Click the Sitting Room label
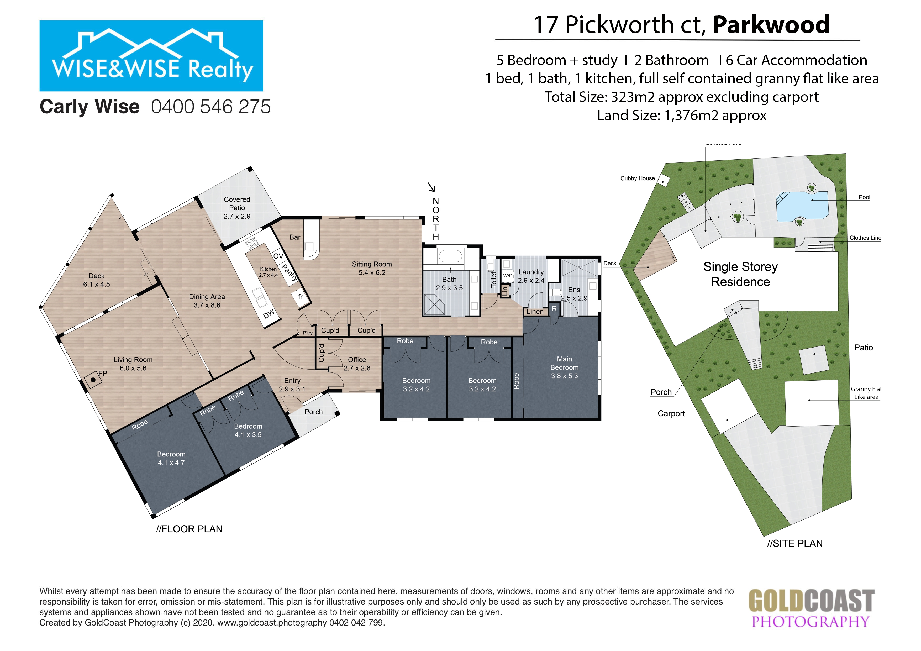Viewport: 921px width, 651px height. (372, 268)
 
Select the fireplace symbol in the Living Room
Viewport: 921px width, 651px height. (93, 380)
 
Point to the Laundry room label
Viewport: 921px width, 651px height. (531, 276)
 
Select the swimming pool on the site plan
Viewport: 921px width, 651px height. (802, 207)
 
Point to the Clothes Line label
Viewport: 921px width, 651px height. (865, 238)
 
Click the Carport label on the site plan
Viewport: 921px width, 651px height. (671, 413)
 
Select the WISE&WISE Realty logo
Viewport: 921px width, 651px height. (151, 56)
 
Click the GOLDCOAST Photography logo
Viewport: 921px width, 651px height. (812, 608)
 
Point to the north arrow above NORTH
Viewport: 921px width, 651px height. (431, 187)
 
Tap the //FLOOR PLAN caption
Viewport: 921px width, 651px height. (189, 529)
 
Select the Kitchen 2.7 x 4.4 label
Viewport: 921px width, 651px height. (268, 272)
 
